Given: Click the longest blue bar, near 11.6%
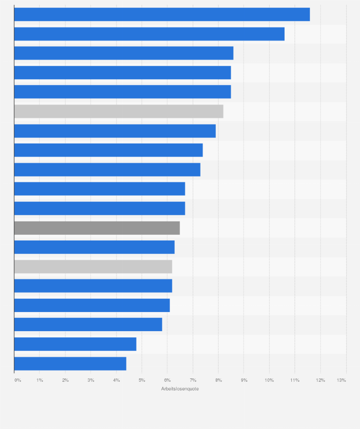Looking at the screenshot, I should [162, 15].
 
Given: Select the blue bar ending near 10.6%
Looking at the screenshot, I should [149, 34].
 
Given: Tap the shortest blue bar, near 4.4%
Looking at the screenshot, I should [70, 364].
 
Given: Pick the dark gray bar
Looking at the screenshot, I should [97, 228].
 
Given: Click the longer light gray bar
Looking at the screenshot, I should [118, 111].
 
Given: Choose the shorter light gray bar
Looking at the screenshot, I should [93, 267].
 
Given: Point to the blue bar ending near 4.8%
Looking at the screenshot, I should [75, 344].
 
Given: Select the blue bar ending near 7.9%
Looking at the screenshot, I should [115, 131].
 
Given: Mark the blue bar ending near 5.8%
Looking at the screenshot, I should [88, 324].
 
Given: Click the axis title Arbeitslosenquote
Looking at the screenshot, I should [180, 389].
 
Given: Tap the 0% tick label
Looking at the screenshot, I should [18, 380].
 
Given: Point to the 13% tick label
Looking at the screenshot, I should [341, 380].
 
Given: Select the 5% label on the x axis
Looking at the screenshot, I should [142, 380].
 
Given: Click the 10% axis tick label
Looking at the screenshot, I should [269, 380].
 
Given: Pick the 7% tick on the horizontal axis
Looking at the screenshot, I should [193, 380].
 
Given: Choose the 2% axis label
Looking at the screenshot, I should [65, 380].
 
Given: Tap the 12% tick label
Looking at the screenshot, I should [320, 380].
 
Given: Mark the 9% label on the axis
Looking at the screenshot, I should [244, 380].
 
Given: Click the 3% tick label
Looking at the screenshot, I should [91, 380].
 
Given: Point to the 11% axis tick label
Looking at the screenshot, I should [295, 380].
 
